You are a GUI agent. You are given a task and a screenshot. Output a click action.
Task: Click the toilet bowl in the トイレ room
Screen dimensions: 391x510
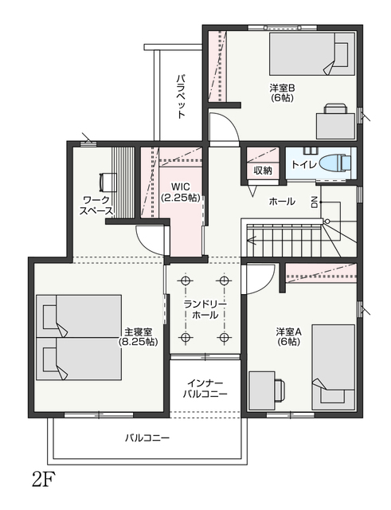coord(335,162)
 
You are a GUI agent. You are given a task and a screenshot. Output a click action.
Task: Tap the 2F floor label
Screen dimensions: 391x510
coord(43,479)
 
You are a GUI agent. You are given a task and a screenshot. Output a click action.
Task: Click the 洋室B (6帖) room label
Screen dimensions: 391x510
coord(282,93)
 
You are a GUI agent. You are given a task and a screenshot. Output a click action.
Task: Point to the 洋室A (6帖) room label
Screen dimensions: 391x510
coord(288,336)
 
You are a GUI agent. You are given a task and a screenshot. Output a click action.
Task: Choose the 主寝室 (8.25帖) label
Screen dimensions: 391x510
coord(138,336)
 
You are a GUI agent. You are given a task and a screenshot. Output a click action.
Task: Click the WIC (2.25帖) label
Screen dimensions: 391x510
coord(181,192)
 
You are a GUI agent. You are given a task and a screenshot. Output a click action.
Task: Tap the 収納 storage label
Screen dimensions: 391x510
coord(263,170)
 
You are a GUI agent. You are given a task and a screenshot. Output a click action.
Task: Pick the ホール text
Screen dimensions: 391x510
coord(282,202)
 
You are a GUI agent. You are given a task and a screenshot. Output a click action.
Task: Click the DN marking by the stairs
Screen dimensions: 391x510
coord(315,202)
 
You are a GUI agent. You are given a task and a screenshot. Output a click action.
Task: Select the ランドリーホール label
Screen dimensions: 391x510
coord(205,310)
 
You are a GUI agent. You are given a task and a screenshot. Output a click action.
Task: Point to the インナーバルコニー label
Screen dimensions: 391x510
coord(205,389)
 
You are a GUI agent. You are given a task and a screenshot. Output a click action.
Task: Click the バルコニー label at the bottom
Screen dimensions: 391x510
coord(147,438)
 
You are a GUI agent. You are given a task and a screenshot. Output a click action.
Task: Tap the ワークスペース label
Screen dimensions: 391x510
coord(96,206)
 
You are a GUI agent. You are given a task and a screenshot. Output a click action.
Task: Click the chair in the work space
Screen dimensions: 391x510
coord(108,182)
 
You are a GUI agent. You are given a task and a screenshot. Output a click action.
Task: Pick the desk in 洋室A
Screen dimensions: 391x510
coord(262,390)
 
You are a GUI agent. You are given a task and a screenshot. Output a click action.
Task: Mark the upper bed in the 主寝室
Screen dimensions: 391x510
coord(79,316)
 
